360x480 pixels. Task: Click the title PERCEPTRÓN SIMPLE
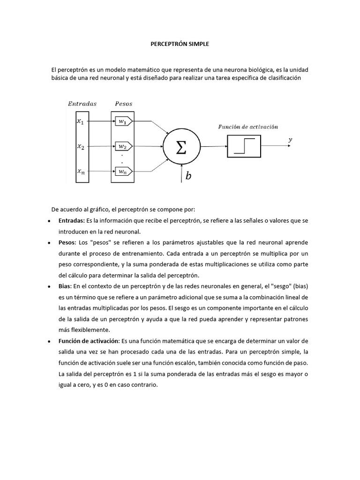180,44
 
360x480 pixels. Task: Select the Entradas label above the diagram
82,103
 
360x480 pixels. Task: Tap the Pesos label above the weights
123,103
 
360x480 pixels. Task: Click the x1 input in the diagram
81,121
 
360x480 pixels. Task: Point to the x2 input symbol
81,147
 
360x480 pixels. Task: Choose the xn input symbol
81,172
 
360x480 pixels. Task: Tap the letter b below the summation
188,176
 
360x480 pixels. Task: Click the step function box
244,146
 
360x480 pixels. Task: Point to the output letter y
291,139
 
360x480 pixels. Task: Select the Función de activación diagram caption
248,127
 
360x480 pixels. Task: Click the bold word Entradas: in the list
72,220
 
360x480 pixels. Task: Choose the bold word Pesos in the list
67,243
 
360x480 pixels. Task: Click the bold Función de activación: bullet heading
89,340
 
